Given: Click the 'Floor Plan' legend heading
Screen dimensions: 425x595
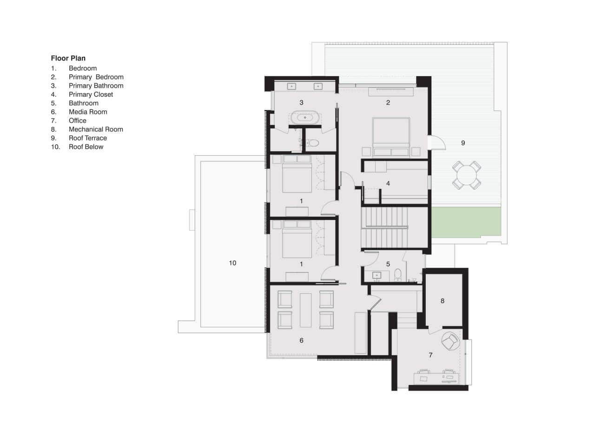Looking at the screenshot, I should point(68,59).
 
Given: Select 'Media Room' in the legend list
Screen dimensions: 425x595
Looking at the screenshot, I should point(88,112).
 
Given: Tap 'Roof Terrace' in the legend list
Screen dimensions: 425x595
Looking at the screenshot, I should point(87,138).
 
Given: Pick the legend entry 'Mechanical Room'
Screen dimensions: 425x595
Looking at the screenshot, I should point(96,129).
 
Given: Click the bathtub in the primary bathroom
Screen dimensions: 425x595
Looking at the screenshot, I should point(305,118).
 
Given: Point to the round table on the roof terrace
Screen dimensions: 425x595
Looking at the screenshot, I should point(467,175).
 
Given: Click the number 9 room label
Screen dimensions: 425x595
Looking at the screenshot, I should point(463,143).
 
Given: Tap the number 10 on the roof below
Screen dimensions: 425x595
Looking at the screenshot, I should point(232,263).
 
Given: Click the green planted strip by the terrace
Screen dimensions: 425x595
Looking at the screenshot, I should point(466,223).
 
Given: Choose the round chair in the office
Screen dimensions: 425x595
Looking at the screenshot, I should point(450,342).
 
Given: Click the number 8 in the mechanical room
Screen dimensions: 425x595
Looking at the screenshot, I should point(443,301).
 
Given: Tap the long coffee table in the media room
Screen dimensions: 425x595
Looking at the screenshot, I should point(306,310).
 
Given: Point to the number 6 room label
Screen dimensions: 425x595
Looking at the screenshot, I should point(301,341).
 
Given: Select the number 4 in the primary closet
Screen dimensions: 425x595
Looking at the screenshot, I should point(388,184).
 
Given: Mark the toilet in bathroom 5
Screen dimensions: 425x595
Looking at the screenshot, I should point(398,275).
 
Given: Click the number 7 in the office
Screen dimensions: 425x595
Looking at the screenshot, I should point(430,355).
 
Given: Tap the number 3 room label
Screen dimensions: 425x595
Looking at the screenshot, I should point(301,102).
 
